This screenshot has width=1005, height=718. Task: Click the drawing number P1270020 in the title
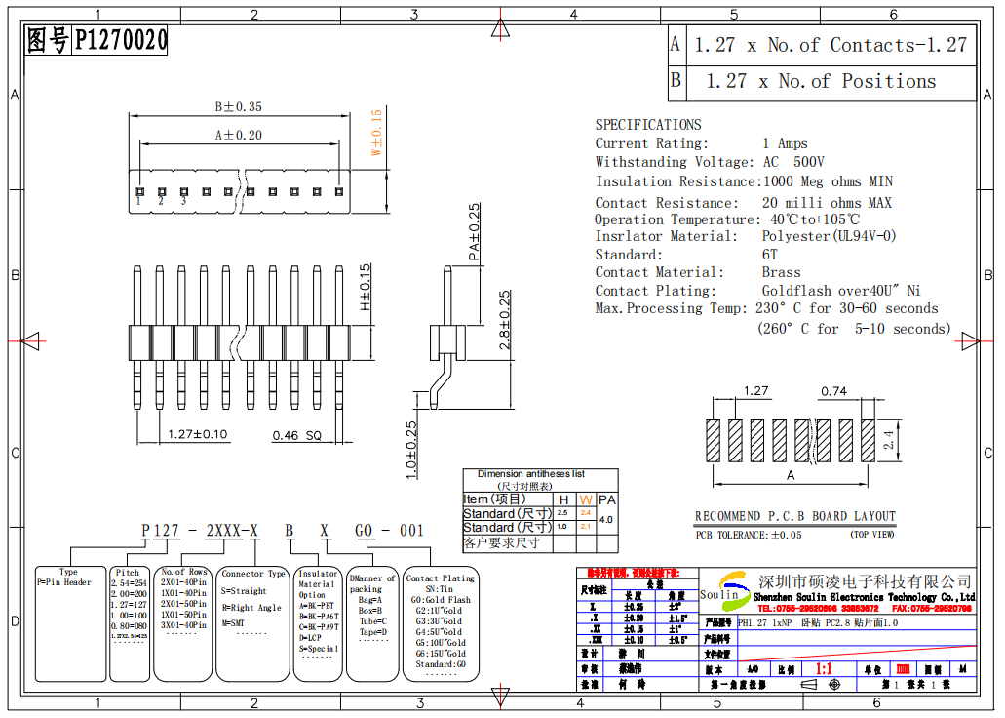(121, 41)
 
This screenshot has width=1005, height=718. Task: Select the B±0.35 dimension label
(238, 106)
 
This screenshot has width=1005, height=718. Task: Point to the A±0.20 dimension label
(238, 136)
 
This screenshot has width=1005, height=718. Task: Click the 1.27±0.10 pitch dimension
(198, 434)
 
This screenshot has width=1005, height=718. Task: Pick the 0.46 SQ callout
(296, 435)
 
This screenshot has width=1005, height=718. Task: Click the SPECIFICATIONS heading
(648, 125)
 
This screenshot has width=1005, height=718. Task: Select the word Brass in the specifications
(781, 272)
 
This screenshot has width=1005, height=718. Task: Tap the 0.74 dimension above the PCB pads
(833, 391)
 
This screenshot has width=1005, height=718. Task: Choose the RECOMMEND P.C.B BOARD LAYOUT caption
(794, 516)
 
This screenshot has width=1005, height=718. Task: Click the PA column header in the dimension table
(606, 499)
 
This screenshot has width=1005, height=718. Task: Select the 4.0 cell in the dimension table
(606, 520)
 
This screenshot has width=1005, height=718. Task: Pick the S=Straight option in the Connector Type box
(244, 590)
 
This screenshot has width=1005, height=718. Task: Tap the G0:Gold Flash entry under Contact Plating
(441, 600)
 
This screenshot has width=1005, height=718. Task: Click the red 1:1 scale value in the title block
(823, 670)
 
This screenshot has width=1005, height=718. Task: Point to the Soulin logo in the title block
(721, 594)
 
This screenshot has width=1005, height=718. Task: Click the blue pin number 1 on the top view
(138, 201)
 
